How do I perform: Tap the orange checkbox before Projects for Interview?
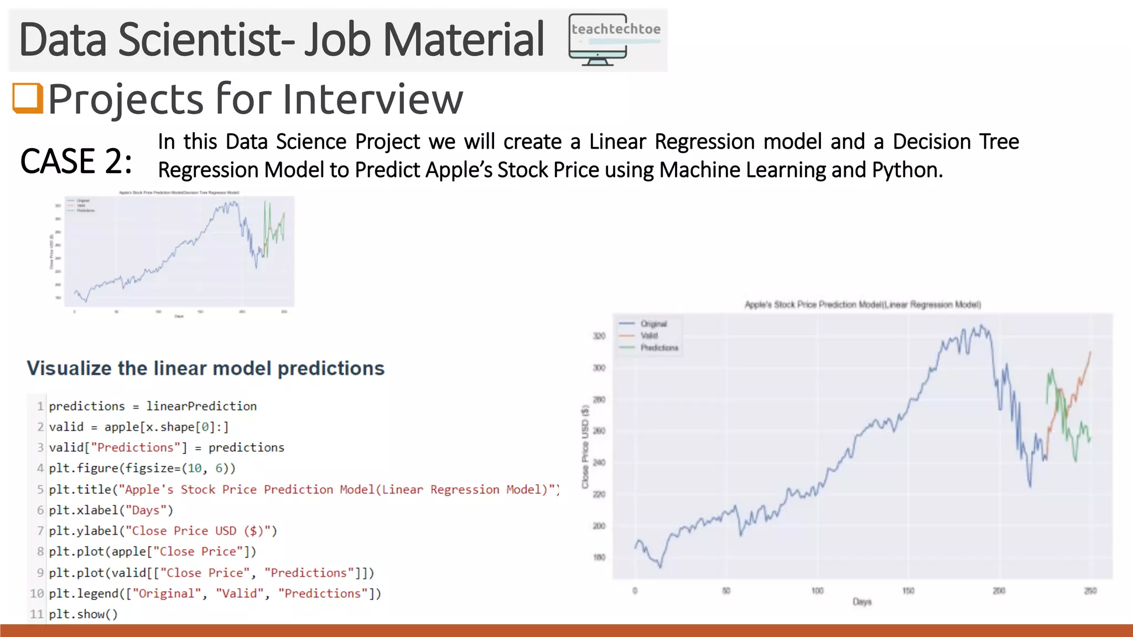tap(28, 98)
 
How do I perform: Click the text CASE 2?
tap(76, 161)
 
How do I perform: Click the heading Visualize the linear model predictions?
tap(205, 368)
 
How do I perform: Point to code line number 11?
tap(37, 614)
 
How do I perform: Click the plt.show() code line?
tap(84, 614)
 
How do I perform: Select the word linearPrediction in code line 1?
tap(201, 406)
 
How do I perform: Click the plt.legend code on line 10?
tap(215, 594)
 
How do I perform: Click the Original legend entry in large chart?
tap(653, 324)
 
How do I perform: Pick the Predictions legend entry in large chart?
tap(659, 348)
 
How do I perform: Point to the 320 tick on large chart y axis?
tap(599, 336)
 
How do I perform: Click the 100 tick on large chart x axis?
tap(817, 591)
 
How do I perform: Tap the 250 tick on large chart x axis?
tap(1090, 591)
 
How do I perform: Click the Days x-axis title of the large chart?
tap(862, 602)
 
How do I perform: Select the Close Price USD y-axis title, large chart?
tap(585, 447)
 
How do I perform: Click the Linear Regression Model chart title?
tap(862, 305)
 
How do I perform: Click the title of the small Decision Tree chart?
tap(179, 192)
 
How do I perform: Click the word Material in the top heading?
tap(464, 40)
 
